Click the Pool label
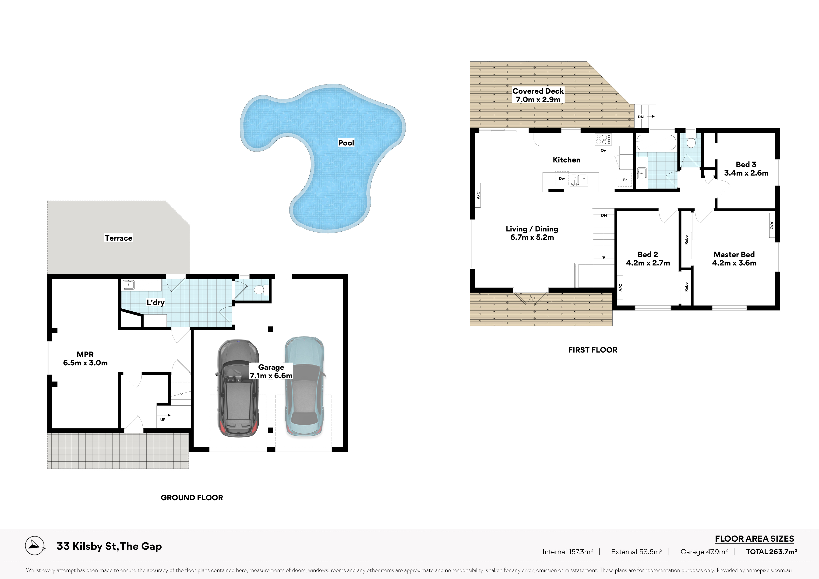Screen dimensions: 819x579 [x=346, y=143]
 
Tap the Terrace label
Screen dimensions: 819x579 [x=118, y=238]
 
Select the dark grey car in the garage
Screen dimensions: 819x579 [x=238, y=388]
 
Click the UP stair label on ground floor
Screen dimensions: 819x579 [x=163, y=420]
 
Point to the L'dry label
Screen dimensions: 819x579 [x=155, y=303]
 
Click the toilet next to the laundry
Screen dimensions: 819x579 [x=261, y=289]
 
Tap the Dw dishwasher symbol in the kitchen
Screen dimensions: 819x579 [x=562, y=178]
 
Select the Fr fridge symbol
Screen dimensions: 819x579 [x=625, y=180]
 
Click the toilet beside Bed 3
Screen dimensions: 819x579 [x=691, y=141]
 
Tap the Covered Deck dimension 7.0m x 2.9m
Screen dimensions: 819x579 [x=538, y=99]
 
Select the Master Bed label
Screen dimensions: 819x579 [x=734, y=254]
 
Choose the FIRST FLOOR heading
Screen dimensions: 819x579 [x=593, y=350]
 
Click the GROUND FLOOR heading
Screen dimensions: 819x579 [x=192, y=498]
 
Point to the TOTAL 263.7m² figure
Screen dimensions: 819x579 [x=772, y=551]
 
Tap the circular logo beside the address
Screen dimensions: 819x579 [x=35, y=546]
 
